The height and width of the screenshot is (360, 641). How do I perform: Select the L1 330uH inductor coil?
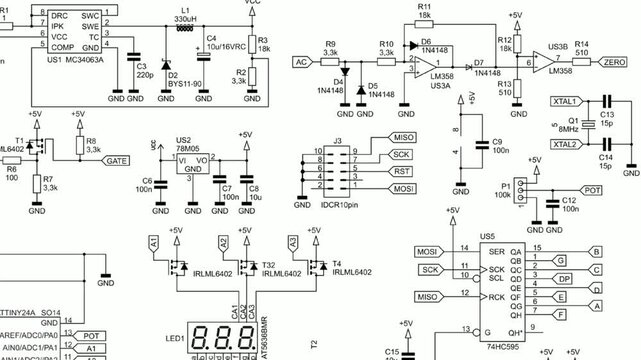(x=183, y=29)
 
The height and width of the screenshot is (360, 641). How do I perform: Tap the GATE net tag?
(x=116, y=160)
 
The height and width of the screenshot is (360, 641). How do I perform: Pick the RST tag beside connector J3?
(x=400, y=171)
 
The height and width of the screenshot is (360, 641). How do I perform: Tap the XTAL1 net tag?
(x=564, y=102)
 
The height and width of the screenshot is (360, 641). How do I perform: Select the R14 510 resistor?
(x=582, y=61)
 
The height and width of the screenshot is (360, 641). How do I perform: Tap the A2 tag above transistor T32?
(x=223, y=243)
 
